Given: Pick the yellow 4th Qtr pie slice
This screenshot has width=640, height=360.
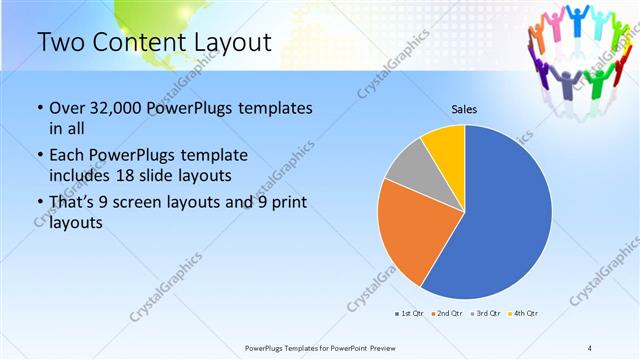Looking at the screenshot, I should tap(444, 146).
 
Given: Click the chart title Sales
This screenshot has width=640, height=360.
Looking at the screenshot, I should tap(464, 108).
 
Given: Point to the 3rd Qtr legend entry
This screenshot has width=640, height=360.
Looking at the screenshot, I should tap(485, 314).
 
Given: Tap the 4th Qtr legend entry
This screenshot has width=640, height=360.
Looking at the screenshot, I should tap(524, 314).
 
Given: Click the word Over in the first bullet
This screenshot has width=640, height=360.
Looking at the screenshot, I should tap(67, 108).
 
